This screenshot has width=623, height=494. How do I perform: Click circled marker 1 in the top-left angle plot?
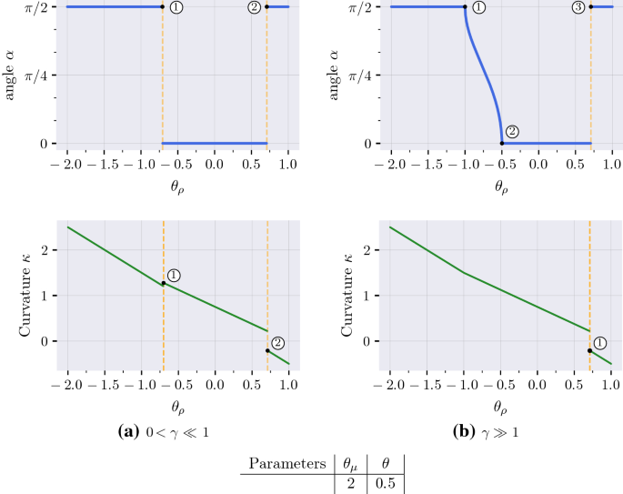click(x=176, y=7)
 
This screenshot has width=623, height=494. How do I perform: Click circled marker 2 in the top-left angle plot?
click(x=254, y=7)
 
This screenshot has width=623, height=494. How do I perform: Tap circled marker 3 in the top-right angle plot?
click(x=578, y=7)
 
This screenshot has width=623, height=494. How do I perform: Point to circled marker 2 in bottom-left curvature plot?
click(x=278, y=343)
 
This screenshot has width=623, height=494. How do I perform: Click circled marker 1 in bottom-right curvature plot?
click(x=600, y=343)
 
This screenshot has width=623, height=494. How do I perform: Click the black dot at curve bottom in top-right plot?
click(x=501, y=143)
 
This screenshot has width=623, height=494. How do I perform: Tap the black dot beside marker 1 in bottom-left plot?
click(x=164, y=283)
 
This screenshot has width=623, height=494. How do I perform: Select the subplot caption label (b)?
click(x=462, y=431)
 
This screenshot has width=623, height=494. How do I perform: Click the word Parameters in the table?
click(x=283, y=464)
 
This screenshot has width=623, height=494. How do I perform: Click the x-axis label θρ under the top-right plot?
click(x=500, y=187)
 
